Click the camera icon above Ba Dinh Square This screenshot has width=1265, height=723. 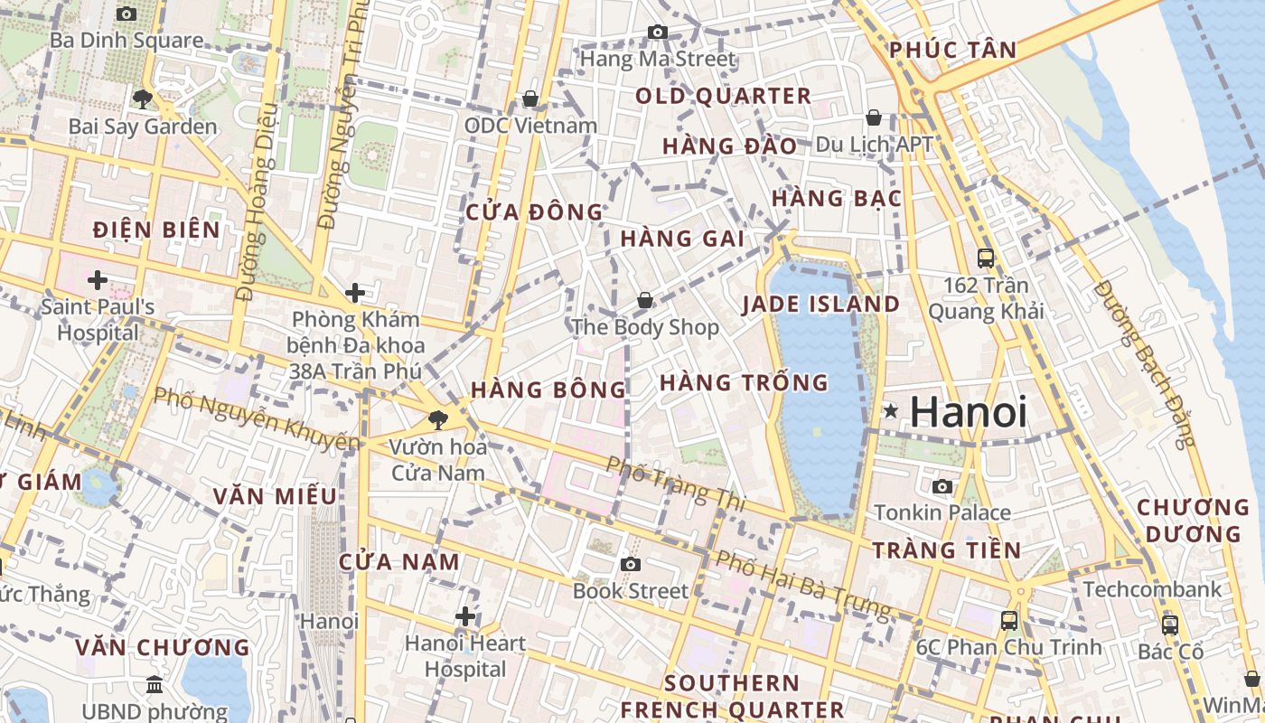(x=126, y=14)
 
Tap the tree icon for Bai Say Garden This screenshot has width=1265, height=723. (x=142, y=99)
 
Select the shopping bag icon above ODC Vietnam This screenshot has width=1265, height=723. (x=530, y=98)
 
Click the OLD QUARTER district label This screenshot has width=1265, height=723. (x=723, y=96)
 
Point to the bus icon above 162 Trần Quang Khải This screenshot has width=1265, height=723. (x=986, y=258)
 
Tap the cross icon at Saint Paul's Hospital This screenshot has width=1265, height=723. (x=98, y=280)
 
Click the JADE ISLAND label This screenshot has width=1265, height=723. (x=820, y=305)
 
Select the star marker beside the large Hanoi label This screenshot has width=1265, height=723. (x=891, y=412)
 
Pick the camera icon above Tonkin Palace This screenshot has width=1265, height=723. (x=942, y=486)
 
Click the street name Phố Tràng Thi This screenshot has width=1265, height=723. (x=676, y=484)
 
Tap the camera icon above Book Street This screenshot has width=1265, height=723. (x=631, y=565)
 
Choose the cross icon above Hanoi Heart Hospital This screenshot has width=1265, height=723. (x=465, y=616)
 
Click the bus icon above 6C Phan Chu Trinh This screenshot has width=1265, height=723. (x=1009, y=621)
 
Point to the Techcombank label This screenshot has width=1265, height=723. (x=1152, y=590)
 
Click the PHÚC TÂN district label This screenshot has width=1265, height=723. (x=952, y=51)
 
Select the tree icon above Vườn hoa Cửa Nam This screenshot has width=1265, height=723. (x=438, y=419)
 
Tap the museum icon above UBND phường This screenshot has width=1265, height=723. (x=155, y=684)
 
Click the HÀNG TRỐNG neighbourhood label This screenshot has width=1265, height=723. (x=744, y=383)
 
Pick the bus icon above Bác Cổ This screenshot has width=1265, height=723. (x=1170, y=624)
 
